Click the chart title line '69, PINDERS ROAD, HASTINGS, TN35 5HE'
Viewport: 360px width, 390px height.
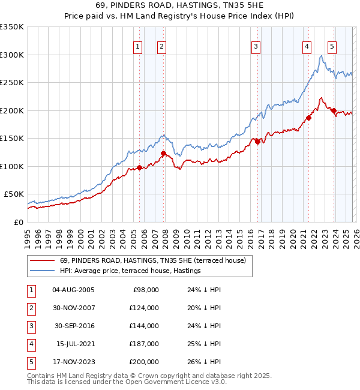point(179,5)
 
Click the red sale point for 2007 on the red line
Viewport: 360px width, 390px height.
point(163,153)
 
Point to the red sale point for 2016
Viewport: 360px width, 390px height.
point(257,142)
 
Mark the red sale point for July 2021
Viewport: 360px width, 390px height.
point(308,118)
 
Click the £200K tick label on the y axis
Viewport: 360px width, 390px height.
point(12,110)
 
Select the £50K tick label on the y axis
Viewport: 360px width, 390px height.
point(14,194)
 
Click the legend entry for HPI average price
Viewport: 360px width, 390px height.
point(130,271)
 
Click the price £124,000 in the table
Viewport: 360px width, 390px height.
point(144,308)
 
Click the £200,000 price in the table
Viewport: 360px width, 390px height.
point(144,362)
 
